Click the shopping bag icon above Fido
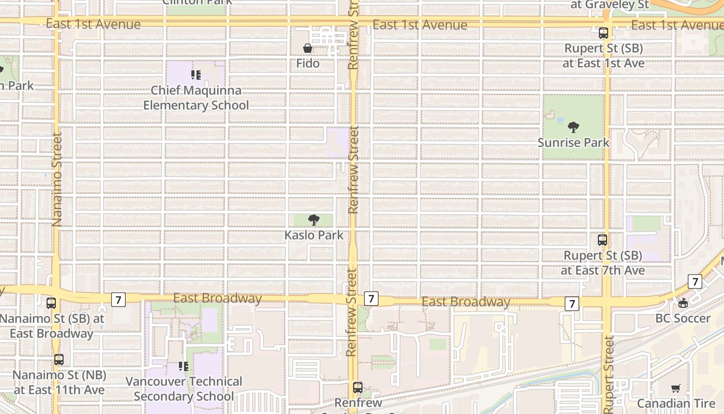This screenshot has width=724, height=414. tap(308, 49)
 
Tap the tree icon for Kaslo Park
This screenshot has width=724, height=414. tap(313, 220)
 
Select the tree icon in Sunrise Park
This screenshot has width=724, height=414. tap(573, 127)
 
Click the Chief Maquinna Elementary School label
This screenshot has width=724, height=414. tap(196, 98)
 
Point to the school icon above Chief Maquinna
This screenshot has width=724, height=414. tap(196, 75)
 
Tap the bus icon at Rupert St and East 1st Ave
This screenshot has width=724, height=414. tap(604, 33)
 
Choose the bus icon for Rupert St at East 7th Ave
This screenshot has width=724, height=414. tap(602, 240)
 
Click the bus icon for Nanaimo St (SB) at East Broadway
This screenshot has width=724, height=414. tap(51, 303)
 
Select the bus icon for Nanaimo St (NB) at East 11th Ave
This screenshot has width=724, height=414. tap(59, 360)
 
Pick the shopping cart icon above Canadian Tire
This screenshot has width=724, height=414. tap(676, 388)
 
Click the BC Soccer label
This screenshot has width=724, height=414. tap(683, 318)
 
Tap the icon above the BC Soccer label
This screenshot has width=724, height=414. tap(683, 303)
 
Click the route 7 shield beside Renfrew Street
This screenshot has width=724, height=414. tap(371, 299)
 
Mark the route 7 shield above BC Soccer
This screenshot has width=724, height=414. tap(695, 282)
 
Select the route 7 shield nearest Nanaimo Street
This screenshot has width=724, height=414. tap(118, 299)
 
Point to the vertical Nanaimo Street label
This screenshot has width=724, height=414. tap(56, 179)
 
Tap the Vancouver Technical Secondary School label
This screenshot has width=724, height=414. tap(184, 389)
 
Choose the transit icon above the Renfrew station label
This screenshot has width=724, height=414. tap(357, 387)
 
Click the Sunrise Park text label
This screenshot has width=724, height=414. tap(573, 142)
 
